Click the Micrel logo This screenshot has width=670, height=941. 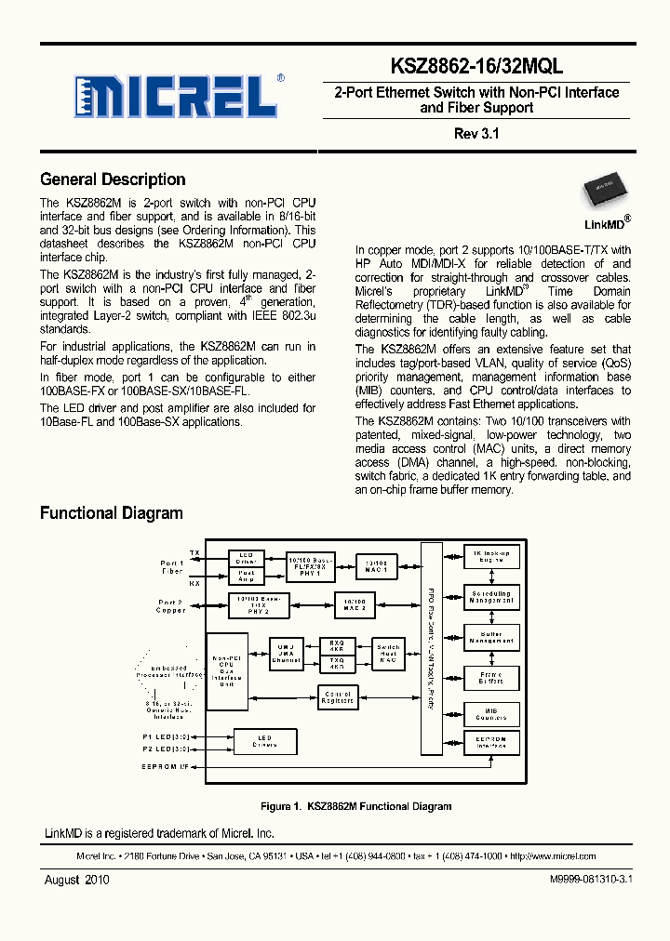[x=177, y=95]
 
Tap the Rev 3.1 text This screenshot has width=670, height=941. [x=476, y=133]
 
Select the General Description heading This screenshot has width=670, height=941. [x=113, y=179]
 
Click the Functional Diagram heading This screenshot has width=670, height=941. [x=112, y=513]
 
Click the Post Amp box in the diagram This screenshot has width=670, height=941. [x=247, y=576]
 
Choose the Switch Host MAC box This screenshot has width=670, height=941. [x=388, y=655]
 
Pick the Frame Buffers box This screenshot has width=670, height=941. [x=491, y=678]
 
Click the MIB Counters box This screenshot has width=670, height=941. [x=491, y=714]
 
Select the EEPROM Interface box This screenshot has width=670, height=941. [x=491, y=742]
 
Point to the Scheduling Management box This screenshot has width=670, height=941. [x=491, y=597]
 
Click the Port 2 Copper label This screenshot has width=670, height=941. [x=171, y=606]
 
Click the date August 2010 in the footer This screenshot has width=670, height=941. [x=77, y=879]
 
